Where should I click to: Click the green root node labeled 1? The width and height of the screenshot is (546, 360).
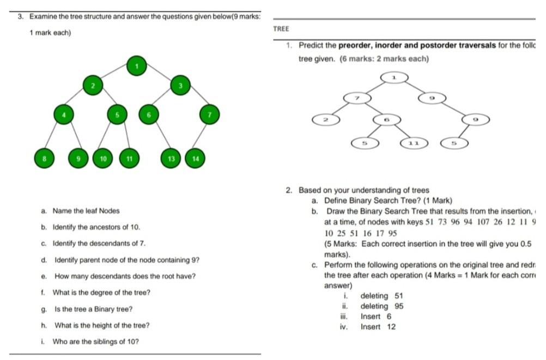[x=137, y=66]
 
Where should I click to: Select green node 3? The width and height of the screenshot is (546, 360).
[x=180, y=86]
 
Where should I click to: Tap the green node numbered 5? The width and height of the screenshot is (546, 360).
[x=117, y=114]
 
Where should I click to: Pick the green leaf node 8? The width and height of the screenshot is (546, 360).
[x=43, y=158]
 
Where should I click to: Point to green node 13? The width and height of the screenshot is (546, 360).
[x=171, y=158]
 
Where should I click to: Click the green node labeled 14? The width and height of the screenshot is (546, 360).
[x=195, y=158]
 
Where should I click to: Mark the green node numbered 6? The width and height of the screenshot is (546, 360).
[x=148, y=114]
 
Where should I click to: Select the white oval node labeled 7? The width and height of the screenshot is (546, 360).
[x=357, y=97]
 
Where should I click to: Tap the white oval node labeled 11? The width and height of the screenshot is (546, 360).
[x=413, y=143]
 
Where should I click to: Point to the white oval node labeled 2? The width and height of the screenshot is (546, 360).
[x=324, y=119]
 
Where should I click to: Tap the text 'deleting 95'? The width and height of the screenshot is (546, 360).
[x=382, y=306]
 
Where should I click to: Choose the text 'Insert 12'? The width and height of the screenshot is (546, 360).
[x=378, y=327]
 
